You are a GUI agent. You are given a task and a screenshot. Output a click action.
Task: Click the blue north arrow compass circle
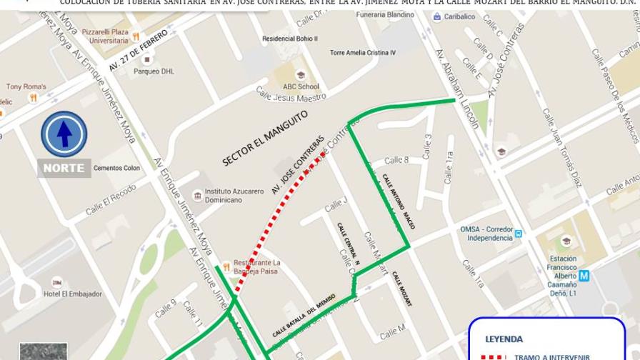click(64, 134)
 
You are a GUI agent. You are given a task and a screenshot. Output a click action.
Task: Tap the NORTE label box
click(64, 169)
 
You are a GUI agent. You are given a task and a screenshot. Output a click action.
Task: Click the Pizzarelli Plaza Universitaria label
click(104, 36)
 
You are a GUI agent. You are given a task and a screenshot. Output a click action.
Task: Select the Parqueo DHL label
click(154, 71)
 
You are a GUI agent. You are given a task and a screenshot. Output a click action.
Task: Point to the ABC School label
click(301, 86)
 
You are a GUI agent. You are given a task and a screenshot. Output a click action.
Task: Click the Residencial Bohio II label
click(289, 39)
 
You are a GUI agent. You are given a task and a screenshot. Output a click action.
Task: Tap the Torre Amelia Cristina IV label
click(363, 53)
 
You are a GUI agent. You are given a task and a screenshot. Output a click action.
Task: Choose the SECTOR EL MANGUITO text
click(264, 137)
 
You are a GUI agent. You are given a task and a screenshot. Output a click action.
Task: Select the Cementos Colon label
click(116, 169)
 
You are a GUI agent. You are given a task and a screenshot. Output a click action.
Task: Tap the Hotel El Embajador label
click(73, 294)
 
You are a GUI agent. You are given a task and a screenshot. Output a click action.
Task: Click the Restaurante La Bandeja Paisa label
click(256, 266)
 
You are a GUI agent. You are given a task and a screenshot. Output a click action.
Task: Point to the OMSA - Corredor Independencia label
click(484, 234)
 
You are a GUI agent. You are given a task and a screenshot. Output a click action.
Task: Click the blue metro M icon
click(584, 275)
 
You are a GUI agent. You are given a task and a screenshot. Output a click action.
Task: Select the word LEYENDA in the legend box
click(504, 339)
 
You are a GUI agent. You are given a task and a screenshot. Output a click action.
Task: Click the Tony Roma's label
click(26, 87)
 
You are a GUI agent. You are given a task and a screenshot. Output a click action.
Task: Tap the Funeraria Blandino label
click(385, 14)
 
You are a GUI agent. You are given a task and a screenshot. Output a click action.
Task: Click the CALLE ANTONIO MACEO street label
click(399, 201)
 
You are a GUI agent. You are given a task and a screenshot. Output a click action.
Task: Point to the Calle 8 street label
click(396, 160)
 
